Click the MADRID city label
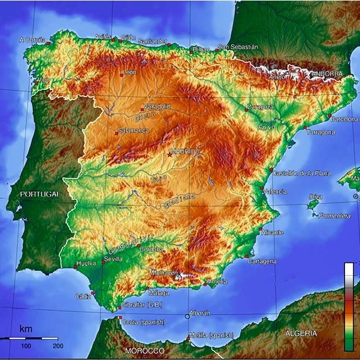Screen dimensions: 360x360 point(183,152)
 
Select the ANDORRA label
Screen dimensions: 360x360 point(326,74)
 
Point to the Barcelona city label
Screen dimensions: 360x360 point(344,119)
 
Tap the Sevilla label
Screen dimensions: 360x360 point(113,259)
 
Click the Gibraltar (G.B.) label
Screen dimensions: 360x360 point(140,305)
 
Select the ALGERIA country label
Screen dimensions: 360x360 point(301,333)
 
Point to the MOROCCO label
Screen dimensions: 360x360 point(144,350)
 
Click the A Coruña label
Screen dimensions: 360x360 point(32,40)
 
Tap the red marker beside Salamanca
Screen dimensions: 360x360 point(117,134)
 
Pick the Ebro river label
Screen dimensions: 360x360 point(266,128)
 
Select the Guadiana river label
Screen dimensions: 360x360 point(180,199)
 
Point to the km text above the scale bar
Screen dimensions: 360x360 point(26,329)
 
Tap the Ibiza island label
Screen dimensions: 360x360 point(315,196)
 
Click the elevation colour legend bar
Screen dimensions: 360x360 point(349,306)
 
